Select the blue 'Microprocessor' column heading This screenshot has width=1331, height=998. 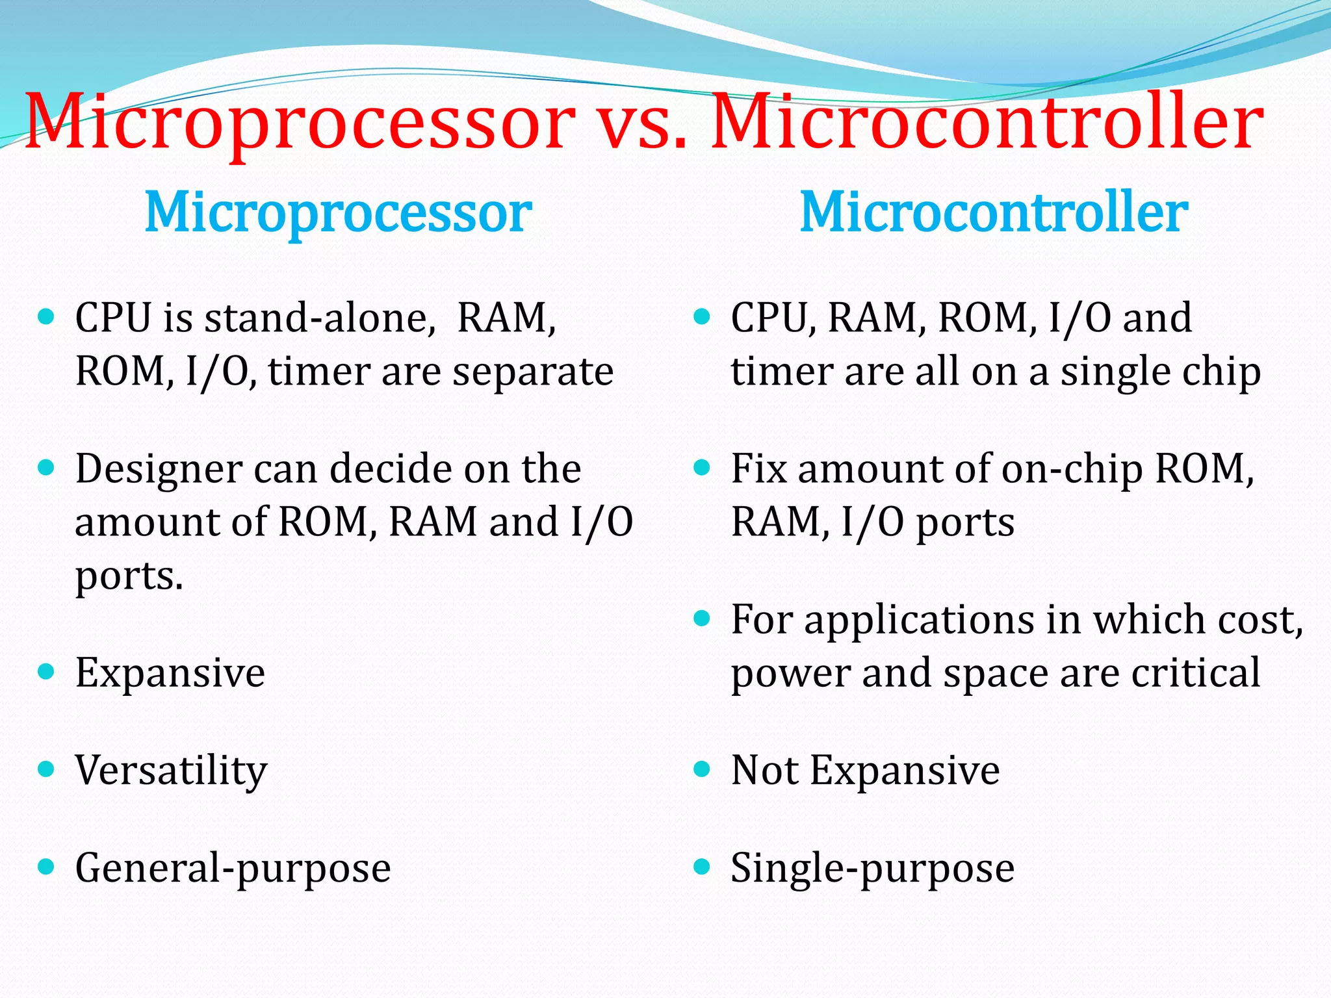[338, 213]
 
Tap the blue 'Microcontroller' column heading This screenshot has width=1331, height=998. [994, 213]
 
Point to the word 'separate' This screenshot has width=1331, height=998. [532, 372]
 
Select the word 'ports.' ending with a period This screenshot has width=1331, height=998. [129, 576]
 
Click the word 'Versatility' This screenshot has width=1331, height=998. [171, 771]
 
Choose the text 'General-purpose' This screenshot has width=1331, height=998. [233, 869]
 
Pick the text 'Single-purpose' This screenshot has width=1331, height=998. [872, 869]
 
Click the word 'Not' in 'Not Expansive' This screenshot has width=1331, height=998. [764, 771]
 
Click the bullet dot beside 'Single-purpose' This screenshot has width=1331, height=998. [701, 867]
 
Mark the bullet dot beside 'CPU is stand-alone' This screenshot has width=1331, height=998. [45, 317]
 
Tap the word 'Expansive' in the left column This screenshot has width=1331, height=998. [170, 674]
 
